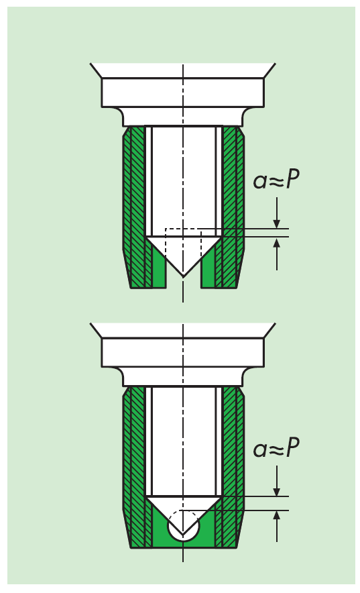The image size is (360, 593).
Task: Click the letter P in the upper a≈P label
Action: (292, 179)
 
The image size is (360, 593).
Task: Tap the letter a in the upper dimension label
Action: (260, 182)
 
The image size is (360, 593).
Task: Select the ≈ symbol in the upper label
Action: (276, 182)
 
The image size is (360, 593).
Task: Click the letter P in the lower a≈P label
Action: (292, 447)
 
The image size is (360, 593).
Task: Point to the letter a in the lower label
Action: (260, 450)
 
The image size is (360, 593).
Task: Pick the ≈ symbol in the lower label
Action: (276, 450)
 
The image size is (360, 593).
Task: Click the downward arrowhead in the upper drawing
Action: (277, 223)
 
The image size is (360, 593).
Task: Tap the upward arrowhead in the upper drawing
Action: (277, 243)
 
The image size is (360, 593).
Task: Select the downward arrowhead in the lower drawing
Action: (277, 490)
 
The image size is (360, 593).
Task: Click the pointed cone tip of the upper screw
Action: (183, 277)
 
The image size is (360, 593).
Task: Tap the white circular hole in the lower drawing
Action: (183, 526)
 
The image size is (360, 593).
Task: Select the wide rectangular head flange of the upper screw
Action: (183, 93)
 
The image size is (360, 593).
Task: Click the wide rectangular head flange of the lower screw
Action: (183, 352)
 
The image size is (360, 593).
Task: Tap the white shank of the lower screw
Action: (183, 441)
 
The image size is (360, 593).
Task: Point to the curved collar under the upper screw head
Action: (183, 117)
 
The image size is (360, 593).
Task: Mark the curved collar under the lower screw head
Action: (183, 377)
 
